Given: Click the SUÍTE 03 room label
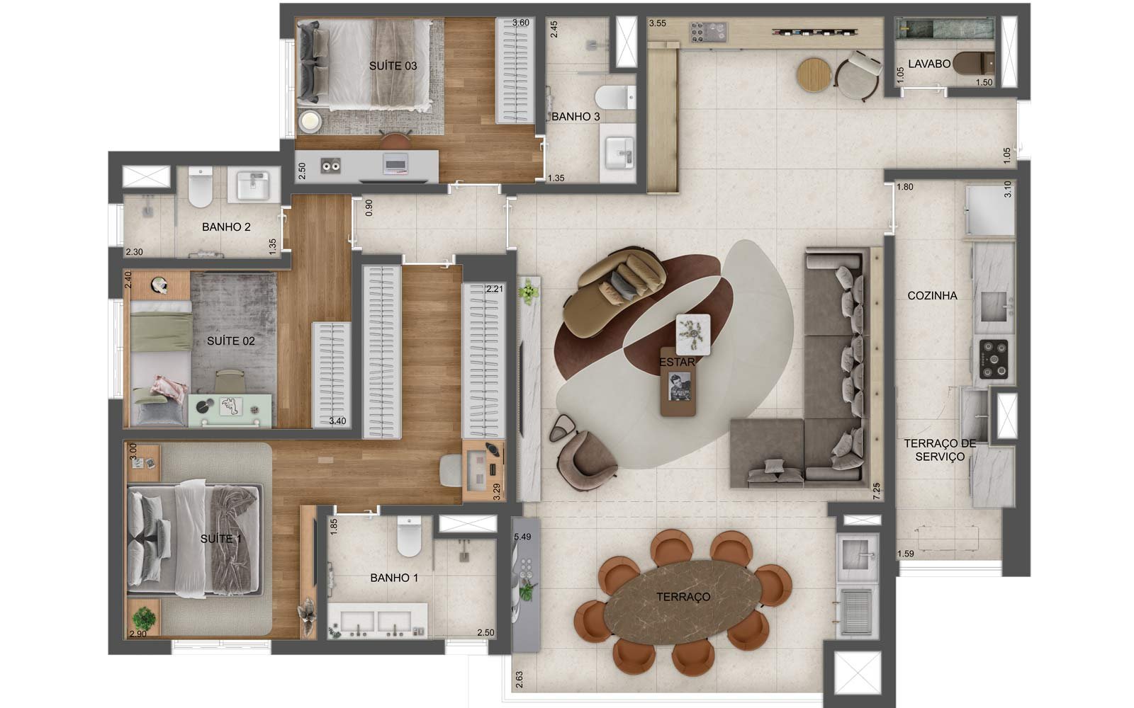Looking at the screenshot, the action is click(393, 66).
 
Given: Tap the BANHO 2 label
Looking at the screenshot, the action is click(226, 227).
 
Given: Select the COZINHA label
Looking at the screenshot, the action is click(932, 295).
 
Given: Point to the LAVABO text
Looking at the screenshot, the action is click(929, 64).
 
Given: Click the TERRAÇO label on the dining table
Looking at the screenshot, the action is click(683, 597).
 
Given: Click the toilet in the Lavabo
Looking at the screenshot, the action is click(973, 64).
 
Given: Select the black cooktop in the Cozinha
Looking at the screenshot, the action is click(993, 359).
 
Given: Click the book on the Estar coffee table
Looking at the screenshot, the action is click(680, 387).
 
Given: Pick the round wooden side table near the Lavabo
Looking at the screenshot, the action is click(814, 75).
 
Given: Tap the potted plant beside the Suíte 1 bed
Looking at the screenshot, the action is click(145, 618).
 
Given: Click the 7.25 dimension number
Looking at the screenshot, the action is click(877, 491).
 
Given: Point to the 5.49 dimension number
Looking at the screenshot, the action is click(522, 537).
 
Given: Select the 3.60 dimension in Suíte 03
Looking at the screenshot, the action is click(520, 23).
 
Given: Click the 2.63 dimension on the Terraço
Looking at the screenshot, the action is click(519, 680).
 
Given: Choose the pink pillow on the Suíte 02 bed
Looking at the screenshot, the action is click(169, 387).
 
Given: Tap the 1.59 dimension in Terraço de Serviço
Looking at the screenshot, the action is click(906, 554).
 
